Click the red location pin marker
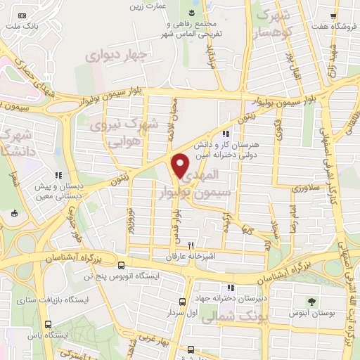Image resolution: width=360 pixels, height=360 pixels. pyautogui.click(x=181, y=165)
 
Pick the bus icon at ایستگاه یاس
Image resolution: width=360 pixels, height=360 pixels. pyautogui.click(x=48, y=324)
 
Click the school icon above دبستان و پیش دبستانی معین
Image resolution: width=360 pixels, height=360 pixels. pyautogui.click(x=60, y=176)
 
